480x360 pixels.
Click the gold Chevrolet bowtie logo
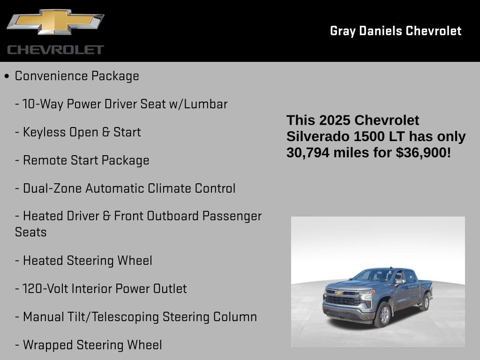(x=55, y=22)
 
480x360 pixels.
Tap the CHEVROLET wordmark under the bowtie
(x=55, y=50)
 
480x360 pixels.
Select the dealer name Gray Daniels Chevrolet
(x=396, y=31)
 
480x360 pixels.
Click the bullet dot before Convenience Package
(x=7, y=76)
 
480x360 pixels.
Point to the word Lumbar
(x=206, y=104)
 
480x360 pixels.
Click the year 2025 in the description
(x=335, y=120)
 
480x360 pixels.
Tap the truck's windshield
(x=375, y=275)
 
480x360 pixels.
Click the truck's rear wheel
(x=425, y=302)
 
